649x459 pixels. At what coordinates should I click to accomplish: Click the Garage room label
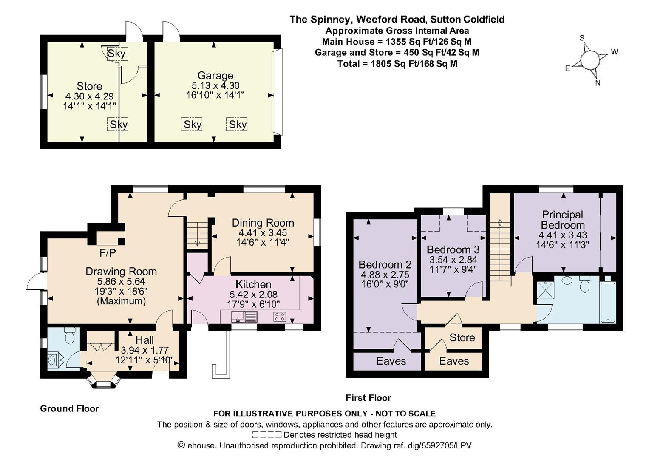click(215, 75)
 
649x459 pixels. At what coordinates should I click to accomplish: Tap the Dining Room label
click(263, 223)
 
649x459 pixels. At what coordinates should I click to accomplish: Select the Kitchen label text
click(253, 284)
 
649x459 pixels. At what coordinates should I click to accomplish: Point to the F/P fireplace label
click(108, 253)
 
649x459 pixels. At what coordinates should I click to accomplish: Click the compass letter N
click(598, 83)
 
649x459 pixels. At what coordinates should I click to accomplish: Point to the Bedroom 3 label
click(453, 249)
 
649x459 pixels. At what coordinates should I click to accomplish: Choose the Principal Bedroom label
click(563, 220)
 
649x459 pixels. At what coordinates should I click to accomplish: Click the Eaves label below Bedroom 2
click(391, 361)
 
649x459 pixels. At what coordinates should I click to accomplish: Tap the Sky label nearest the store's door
click(116, 54)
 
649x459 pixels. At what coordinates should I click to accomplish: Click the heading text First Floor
click(368, 398)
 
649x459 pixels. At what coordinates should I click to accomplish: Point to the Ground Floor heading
click(69, 408)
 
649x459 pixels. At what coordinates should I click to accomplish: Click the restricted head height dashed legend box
click(266, 435)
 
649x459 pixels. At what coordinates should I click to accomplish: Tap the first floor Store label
click(462, 337)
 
